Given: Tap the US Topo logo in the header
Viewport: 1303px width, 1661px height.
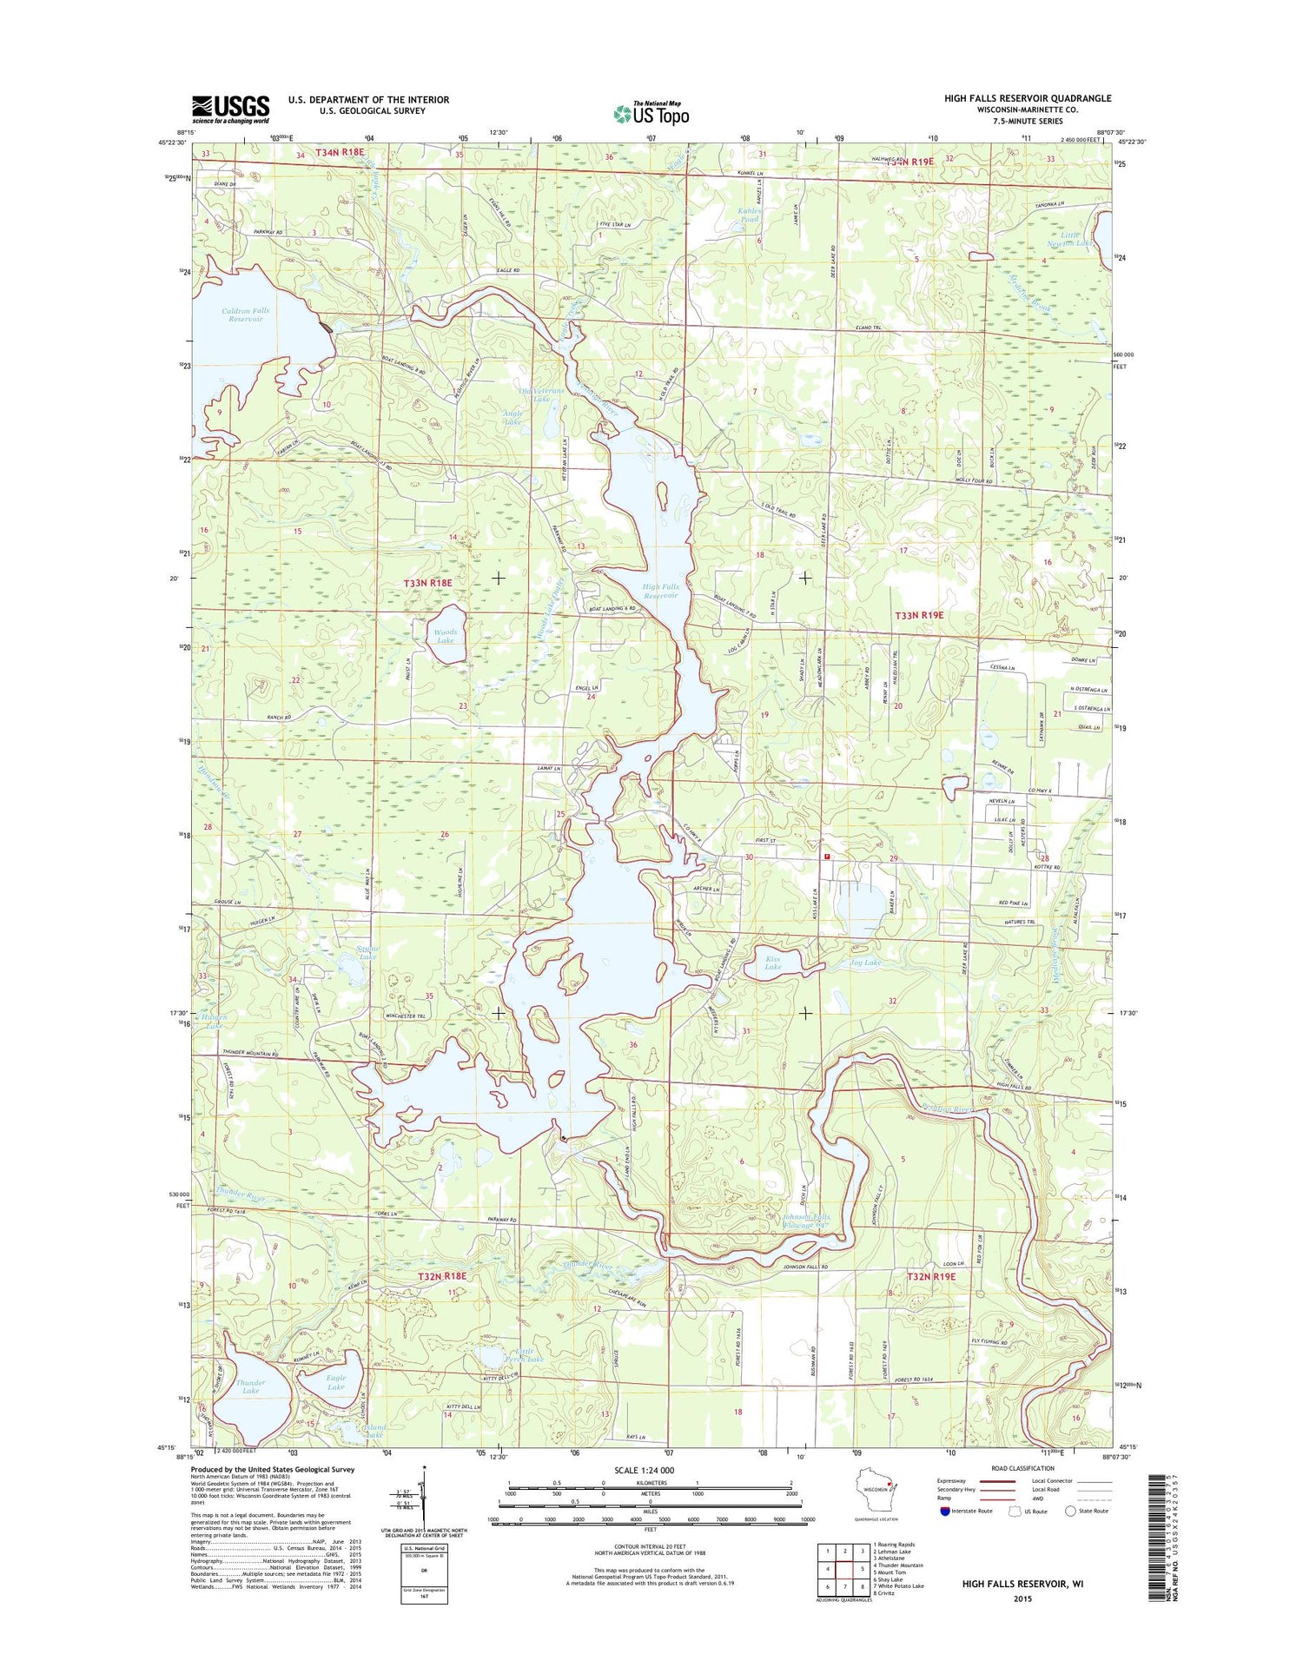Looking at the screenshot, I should (651, 113).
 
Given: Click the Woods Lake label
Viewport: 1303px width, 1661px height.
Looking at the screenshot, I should (445, 636).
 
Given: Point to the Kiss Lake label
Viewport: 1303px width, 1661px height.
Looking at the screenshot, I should (772, 963).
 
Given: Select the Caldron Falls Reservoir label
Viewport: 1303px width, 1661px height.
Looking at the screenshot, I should (246, 314).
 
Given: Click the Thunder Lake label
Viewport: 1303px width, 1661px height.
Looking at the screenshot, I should (250, 1386).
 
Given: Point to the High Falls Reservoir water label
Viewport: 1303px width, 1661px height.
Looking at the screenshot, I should (660, 592).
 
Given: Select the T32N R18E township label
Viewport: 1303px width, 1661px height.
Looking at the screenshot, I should (442, 1276).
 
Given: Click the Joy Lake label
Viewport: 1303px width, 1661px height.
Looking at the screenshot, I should (865, 963).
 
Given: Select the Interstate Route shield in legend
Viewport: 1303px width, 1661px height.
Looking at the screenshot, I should (945, 1511).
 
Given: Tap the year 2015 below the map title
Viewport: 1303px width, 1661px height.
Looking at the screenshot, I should (1022, 1598).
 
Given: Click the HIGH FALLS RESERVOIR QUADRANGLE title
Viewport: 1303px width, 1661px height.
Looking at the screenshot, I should (1028, 98).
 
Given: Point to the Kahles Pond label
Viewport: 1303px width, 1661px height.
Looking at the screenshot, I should (749, 215).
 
